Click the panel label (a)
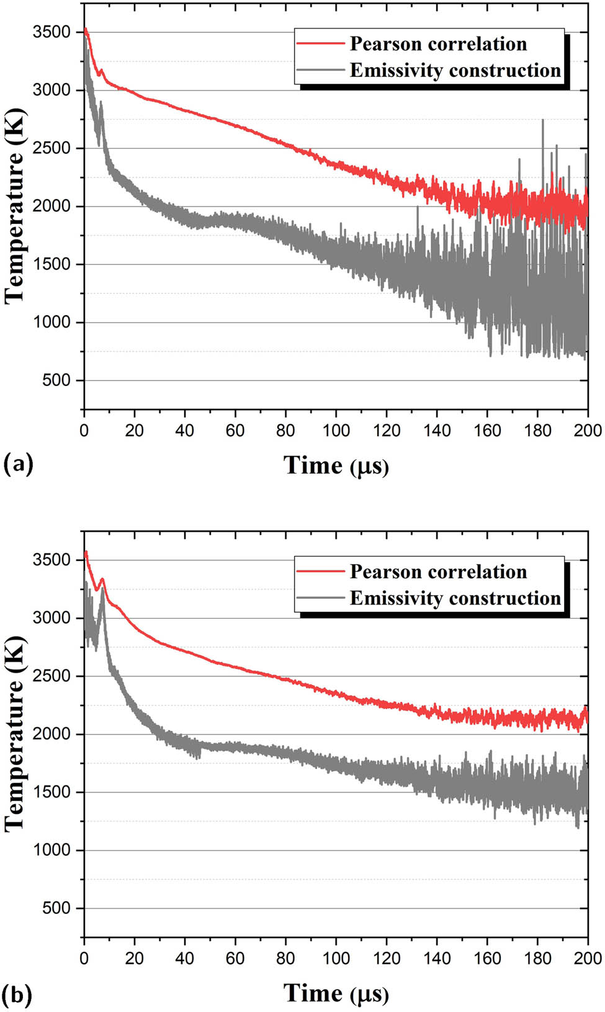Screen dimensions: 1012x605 coord(18,464)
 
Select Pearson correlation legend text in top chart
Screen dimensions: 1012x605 coord(438,43)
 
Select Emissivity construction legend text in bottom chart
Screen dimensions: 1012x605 coord(455,598)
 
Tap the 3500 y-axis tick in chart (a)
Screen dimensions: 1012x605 coord(52,32)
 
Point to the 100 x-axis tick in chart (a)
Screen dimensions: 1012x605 coord(336,430)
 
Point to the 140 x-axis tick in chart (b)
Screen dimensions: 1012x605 coord(437,958)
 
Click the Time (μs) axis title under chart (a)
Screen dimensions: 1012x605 coord(336,465)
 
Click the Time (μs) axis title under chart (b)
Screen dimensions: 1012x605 coord(336,993)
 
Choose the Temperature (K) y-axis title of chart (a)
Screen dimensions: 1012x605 coord(14,206)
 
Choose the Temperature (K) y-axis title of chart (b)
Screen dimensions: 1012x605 coord(14,733)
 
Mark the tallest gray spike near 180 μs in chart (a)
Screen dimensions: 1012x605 coord(543,121)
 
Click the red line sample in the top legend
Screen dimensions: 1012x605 coord(320,43)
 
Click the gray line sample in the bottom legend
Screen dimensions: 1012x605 coord(320,598)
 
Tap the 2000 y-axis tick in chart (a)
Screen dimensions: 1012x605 coord(52,206)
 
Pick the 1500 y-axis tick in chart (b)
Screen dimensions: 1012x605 coord(52,792)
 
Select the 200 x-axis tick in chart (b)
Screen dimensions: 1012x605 coord(587,958)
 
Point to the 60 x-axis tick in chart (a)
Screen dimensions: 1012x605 coord(235,430)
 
